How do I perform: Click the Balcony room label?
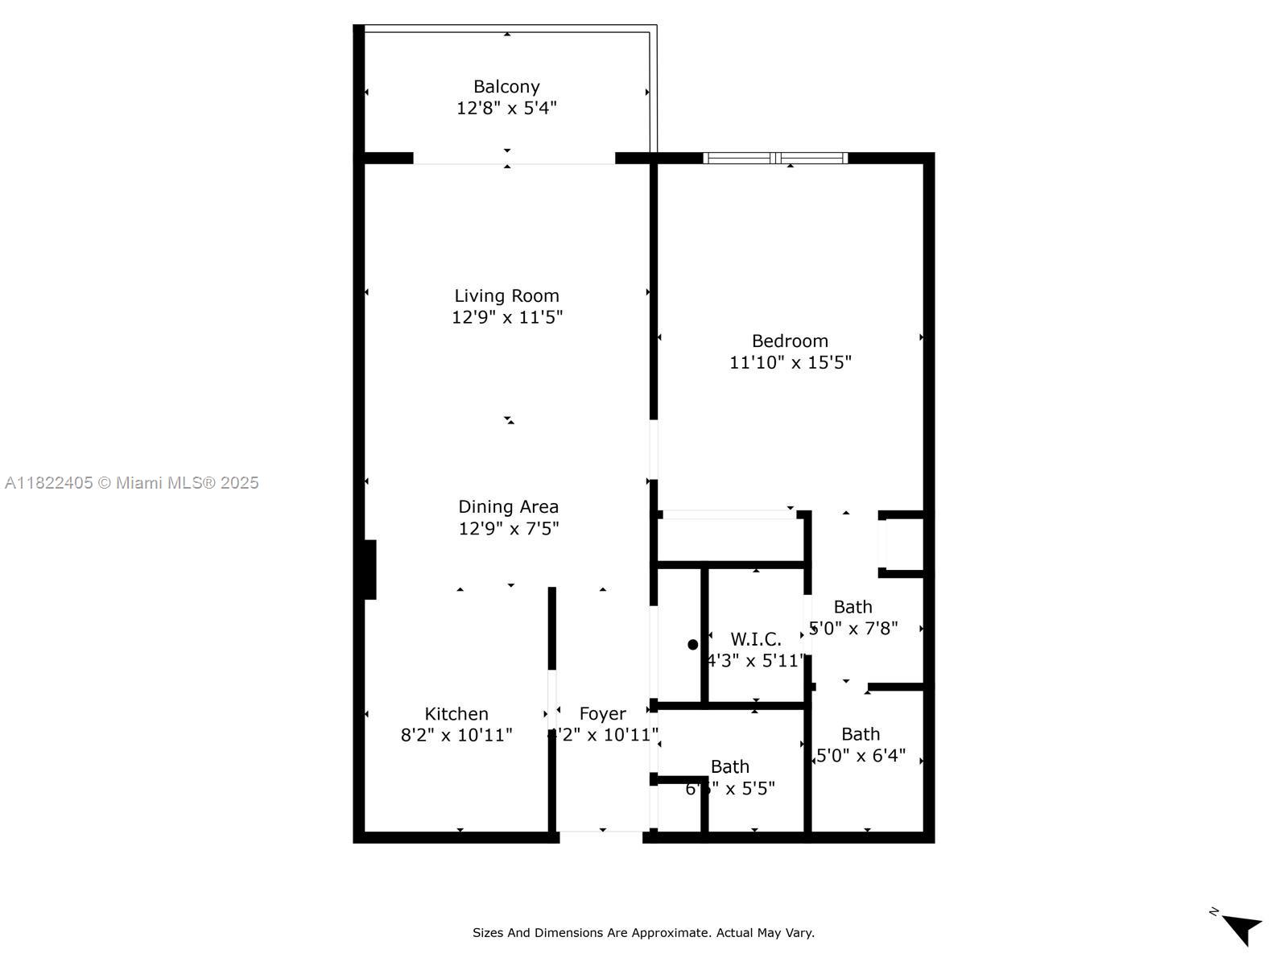(506, 86)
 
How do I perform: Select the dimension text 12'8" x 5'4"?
(506, 108)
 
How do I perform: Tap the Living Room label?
(506, 295)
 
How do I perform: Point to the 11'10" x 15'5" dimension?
(790, 362)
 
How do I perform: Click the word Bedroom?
(790, 341)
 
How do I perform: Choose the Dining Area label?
(508, 506)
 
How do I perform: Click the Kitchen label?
(456, 714)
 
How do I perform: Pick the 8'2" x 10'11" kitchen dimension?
(456, 735)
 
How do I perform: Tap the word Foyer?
(602, 714)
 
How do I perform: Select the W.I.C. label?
(756, 639)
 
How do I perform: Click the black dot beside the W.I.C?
(693, 645)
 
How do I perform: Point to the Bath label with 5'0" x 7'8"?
(852, 607)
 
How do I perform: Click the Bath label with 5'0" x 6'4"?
(861, 734)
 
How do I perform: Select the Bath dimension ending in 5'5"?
(730, 788)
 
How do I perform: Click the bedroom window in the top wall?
(775, 158)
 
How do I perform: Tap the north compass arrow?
(1241, 928)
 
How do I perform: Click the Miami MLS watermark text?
(132, 483)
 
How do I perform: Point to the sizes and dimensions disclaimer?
(643, 933)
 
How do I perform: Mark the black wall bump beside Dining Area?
(369, 569)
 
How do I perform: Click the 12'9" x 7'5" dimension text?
(508, 529)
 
